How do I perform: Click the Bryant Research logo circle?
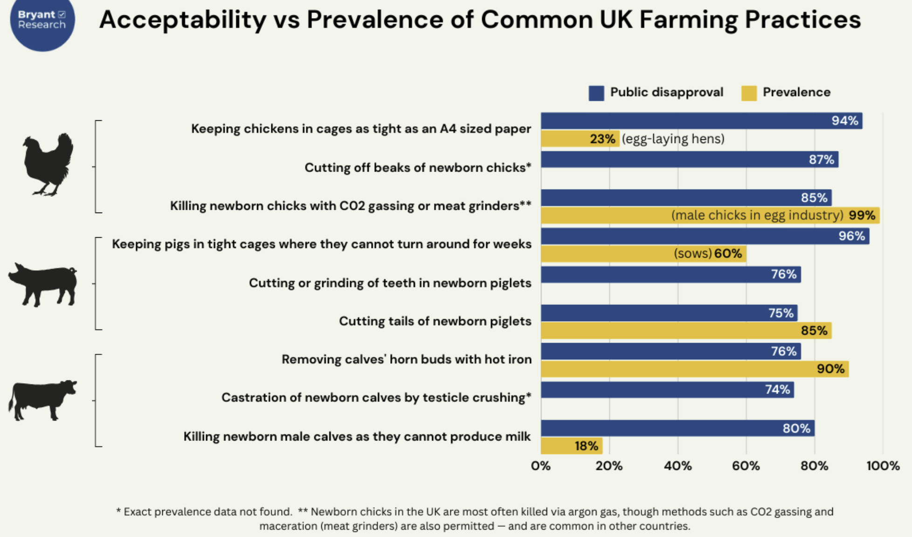42,21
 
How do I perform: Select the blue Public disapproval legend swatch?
596,93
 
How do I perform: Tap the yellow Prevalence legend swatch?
749,93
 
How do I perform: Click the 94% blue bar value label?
844,121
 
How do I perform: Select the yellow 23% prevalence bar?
580,139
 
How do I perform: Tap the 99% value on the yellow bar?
862,215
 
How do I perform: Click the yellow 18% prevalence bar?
571,446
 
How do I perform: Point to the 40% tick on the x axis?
677,466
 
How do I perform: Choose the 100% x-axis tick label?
883,466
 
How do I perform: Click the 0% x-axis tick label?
541,466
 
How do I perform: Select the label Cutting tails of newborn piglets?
435,321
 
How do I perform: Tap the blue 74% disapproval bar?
667,390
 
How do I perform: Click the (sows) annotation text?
692,254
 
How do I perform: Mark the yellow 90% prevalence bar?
694,369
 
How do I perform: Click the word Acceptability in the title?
182,20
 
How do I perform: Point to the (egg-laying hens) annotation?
673,139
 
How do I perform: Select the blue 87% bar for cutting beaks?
689,159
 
